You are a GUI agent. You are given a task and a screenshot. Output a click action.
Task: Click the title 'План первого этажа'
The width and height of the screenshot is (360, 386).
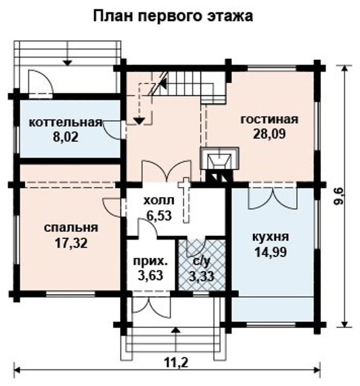point(173,17)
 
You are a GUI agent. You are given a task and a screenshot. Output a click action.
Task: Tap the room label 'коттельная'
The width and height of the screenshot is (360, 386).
point(65,122)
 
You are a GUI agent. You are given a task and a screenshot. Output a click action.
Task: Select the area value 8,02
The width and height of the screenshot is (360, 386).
point(65,137)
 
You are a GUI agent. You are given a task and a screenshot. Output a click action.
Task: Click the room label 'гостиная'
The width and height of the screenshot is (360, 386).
point(269,119)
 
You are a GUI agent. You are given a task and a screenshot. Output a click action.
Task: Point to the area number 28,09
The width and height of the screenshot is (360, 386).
point(269,134)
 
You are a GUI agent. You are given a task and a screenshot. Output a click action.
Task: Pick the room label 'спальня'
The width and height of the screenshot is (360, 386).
point(71,228)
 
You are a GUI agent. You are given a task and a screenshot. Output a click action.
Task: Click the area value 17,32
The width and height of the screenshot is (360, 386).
point(71,243)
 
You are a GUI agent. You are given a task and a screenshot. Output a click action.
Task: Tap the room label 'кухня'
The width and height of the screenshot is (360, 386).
point(271,237)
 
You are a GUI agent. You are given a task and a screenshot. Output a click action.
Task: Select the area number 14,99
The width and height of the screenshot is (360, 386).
point(271,252)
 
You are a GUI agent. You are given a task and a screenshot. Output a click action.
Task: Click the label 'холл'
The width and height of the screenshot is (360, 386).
point(159,200)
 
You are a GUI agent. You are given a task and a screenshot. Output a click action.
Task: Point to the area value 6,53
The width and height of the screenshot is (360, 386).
point(159,215)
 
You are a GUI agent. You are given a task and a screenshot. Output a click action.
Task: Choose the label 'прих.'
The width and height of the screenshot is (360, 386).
point(150,261)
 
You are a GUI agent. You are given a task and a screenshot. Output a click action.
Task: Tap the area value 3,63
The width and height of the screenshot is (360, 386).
point(150,275)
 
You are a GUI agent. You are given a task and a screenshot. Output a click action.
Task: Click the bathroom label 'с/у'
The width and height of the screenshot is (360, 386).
point(201,262)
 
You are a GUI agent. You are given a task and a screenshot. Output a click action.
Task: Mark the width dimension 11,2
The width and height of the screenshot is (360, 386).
point(177,362)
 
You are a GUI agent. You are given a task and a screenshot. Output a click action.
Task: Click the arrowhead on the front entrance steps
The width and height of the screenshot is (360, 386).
point(176,330)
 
